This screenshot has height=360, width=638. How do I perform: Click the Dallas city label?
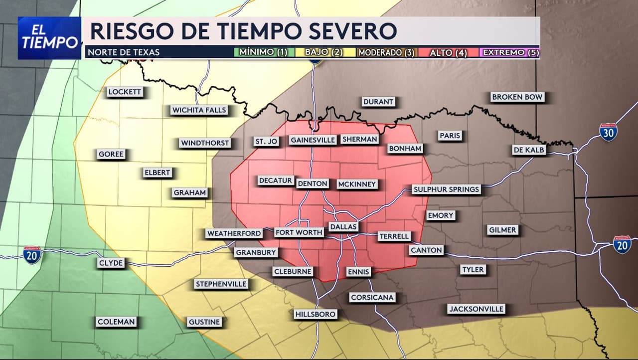click(x=343, y=227)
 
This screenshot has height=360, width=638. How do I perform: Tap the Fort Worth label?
click(x=299, y=232)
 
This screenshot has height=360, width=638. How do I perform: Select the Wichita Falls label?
click(x=199, y=110)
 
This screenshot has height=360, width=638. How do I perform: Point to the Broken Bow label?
click(x=517, y=97)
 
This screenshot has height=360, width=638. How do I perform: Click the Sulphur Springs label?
click(x=446, y=189)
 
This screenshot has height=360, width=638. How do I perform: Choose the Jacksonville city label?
click(x=476, y=309)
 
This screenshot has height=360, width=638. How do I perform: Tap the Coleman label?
click(x=116, y=322)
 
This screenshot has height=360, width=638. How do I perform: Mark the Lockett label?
click(x=125, y=92)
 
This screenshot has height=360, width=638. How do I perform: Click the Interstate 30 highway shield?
click(x=608, y=132)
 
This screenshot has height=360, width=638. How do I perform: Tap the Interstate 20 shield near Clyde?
click(x=32, y=255)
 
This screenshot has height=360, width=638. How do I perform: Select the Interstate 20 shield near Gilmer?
click(x=622, y=244)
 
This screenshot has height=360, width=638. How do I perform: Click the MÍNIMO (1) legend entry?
click(x=263, y=52)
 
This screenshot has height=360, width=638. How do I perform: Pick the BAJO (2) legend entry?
click(x=324, y=52)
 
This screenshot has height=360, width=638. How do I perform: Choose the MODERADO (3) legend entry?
click(x=386, y=52)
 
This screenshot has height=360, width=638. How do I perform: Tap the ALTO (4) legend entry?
click(x=448, y=52)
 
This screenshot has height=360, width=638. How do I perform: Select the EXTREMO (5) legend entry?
click(x=510, y=52)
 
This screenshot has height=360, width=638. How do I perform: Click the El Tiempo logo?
click(x=49, y=38)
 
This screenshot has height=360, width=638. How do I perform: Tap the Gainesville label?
click(x=313, y=140)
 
